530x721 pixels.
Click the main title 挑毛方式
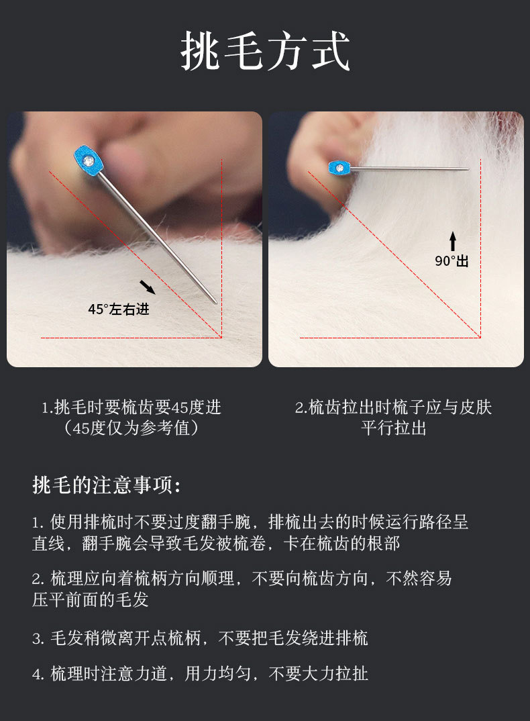tap(265, 51)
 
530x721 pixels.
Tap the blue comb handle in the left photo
tap(89, 161)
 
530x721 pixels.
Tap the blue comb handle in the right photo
tap(339, 168)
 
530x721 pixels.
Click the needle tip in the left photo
tap(215, 303)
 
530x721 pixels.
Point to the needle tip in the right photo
tap(468, 169)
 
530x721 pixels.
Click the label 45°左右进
tap(119, 309)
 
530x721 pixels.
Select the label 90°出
tap(452, 260)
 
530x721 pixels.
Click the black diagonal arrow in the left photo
tap(148, 287)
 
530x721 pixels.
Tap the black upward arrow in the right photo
tap(453, 241)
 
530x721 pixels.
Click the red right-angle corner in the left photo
tap(221, 338)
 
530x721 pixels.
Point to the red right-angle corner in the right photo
tap(480, 338)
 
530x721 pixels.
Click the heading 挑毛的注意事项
tap(106, 485)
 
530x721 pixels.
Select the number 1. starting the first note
tap(38, 523)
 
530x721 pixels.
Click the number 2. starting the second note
tap(38, 579)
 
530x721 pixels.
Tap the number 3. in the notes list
tap(38, 638)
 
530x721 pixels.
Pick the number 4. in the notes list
tap(38, 674)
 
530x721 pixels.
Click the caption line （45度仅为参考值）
tap(131, 428)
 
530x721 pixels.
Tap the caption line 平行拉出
tap(394, 428)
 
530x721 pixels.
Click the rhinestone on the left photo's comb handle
tap(89, 161)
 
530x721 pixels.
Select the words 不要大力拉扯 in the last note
tap(318, 673)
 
